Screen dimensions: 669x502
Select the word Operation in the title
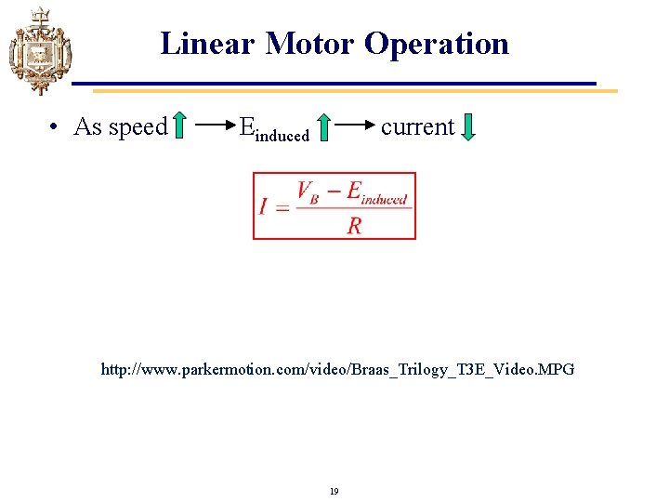point(437,44)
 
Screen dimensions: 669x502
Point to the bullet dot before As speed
point(57,127)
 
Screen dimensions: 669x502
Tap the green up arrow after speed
point(180,127)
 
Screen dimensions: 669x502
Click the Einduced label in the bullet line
point(273,129)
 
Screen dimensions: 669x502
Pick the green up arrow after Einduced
point(323,127)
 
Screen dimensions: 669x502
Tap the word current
point(417,127)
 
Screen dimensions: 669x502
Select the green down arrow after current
point(468,127)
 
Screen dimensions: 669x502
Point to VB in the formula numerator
point(308,192)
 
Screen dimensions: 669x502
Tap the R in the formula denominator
point(354,225)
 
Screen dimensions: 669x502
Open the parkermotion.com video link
point(337,370)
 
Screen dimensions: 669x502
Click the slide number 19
point(334,491)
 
